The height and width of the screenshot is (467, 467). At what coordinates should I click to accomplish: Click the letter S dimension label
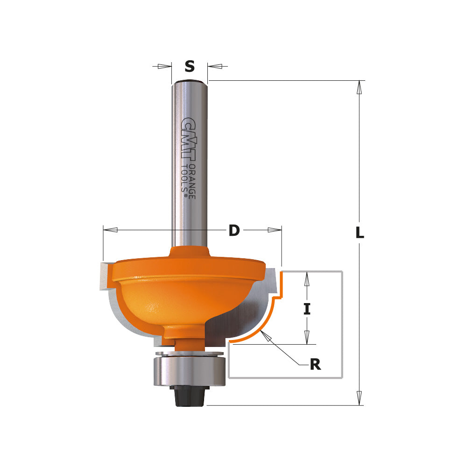tap(189, 67)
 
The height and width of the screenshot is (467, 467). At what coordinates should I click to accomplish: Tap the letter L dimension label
tap(360, 233)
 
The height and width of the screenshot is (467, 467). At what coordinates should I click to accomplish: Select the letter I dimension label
tap(306, 309)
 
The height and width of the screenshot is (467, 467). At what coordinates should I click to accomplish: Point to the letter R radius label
tap(315, 365)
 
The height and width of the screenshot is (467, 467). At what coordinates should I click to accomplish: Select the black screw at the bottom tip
tap(190, 397)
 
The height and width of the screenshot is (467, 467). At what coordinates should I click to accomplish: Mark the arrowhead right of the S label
tap(215, 66)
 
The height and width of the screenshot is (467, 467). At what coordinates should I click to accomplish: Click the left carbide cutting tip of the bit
tap(106, 276)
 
